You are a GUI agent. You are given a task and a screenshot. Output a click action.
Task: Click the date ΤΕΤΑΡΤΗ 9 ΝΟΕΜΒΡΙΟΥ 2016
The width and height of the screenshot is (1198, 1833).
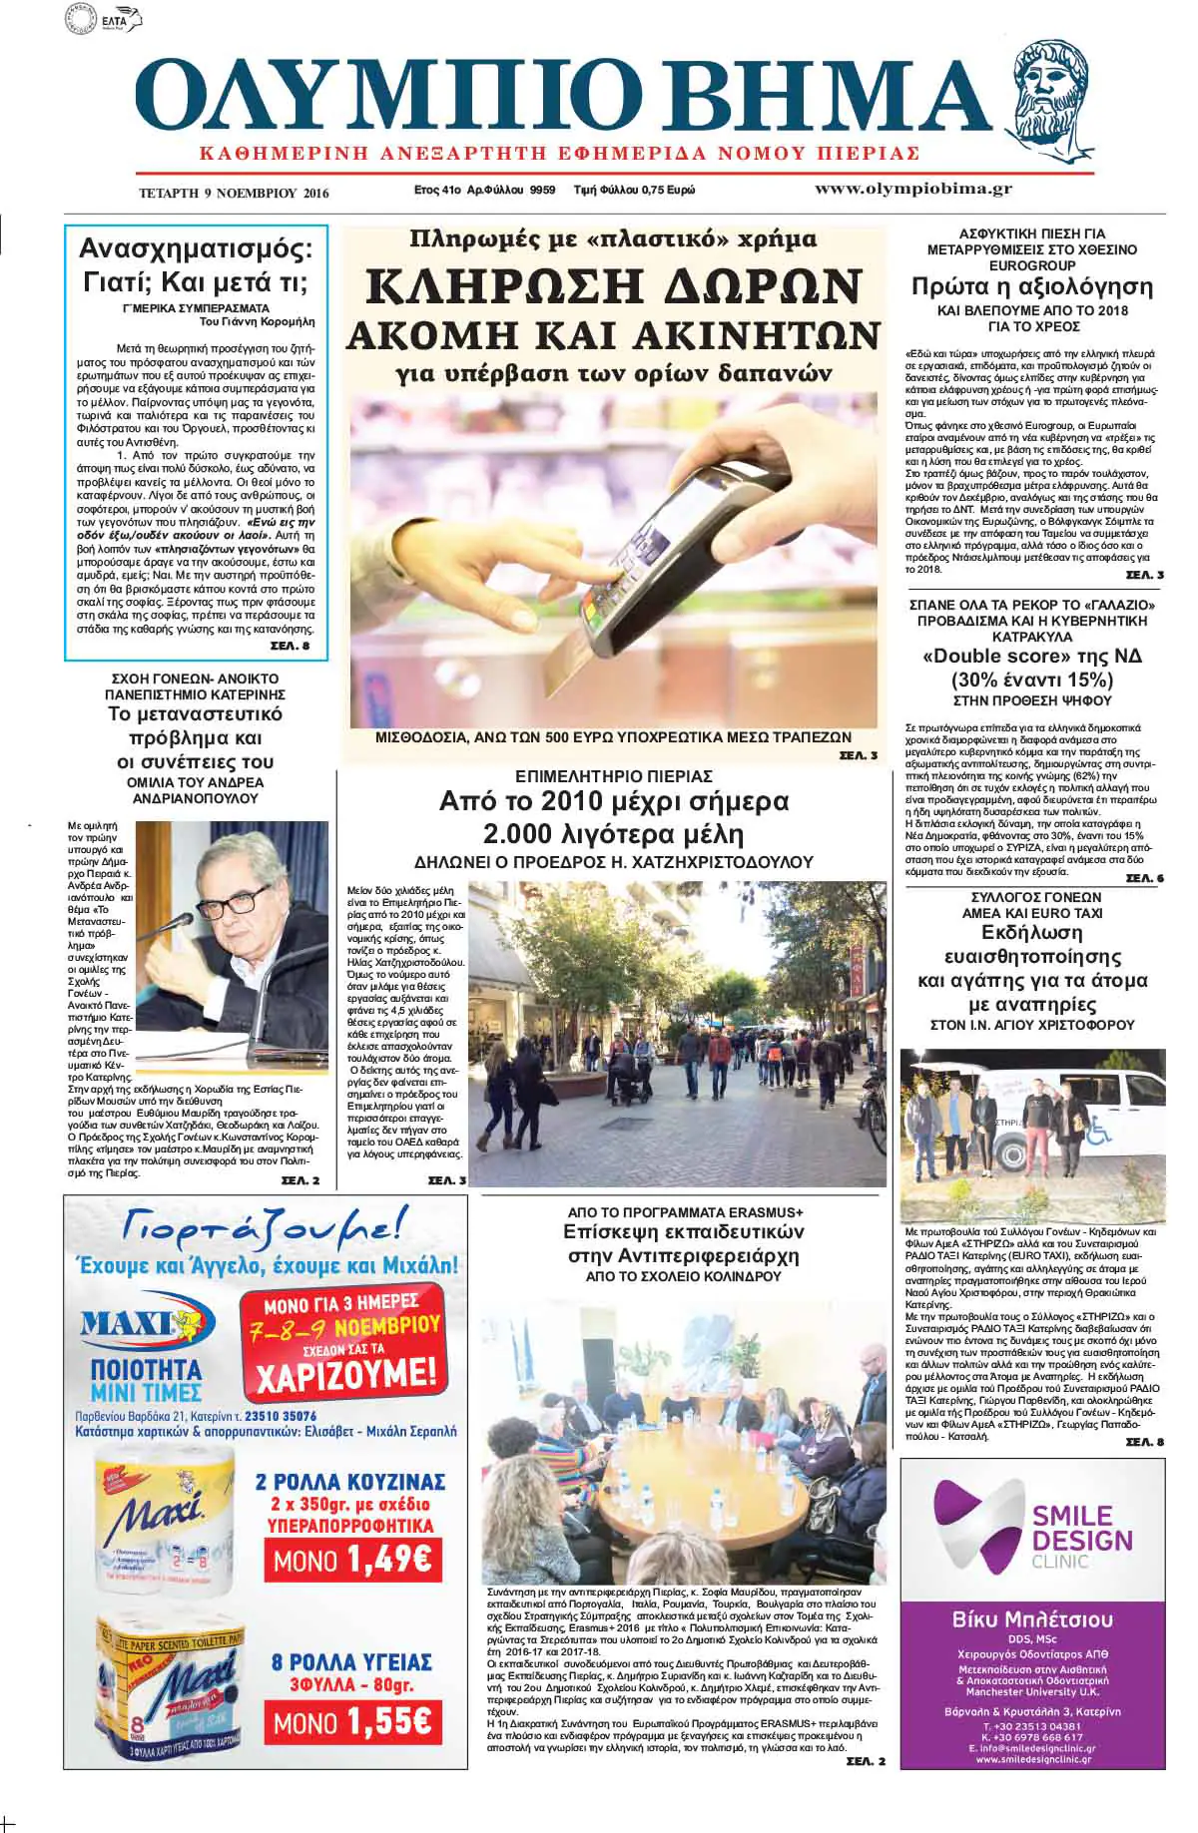tap(234, 193)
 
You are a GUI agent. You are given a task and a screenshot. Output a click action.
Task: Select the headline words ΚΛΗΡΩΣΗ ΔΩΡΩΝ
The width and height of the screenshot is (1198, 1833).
tap(613, 287)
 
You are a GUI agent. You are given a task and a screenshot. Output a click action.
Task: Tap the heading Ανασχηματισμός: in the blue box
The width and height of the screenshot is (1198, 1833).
tap(196, 248)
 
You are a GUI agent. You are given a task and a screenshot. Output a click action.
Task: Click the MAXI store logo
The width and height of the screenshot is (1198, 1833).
tap(148, 1324)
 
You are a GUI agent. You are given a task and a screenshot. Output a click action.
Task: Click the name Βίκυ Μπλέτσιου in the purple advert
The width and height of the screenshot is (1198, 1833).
tap(1031, 1619)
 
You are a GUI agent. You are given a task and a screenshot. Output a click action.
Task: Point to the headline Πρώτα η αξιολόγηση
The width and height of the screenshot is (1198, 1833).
tap(1031, 286)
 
